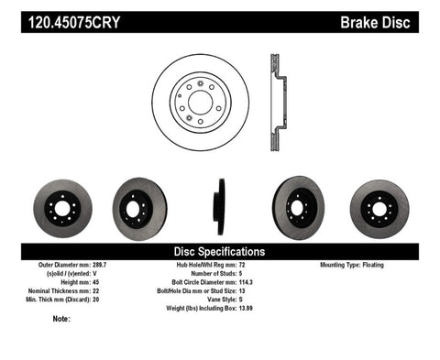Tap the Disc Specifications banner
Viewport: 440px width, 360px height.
pos(219,250)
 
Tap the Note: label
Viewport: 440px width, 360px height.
pos(61,320)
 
